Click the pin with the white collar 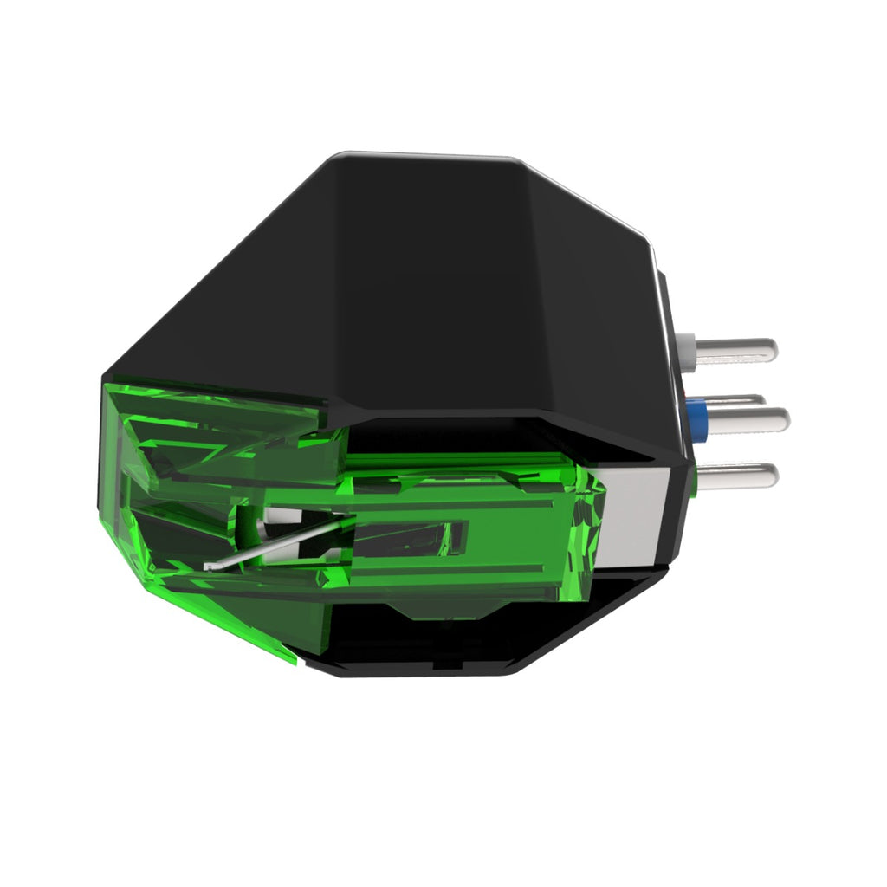point(736,350)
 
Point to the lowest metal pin point(736,474)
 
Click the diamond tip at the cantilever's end point(208,567)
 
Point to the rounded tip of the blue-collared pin point(782,419)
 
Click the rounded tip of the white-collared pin point(770,350)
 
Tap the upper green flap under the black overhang point(217,411)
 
